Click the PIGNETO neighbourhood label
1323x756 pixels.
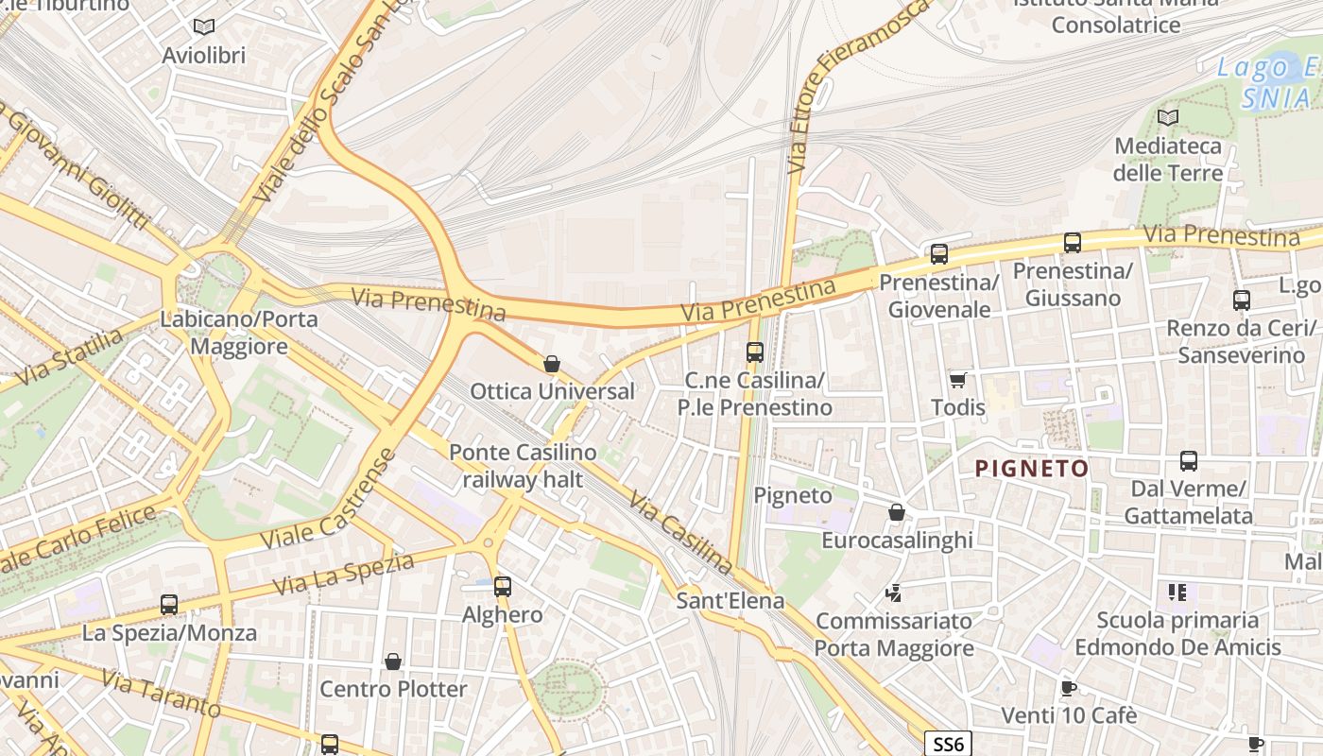click(x=1032, y=468)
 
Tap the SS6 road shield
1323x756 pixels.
click(x=947, y=744)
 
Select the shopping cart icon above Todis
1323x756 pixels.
click(x=958, y=380)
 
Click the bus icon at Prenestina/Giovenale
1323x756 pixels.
click(x=938, y=253)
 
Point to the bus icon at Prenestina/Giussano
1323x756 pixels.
click(x=1072, y=242)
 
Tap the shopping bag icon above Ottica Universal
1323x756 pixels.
click(x=552, y=364)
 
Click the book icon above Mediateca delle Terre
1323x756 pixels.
click(x=1168, y=117)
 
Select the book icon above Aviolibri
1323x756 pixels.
click(x=203, y=26)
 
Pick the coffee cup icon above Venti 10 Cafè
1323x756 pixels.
click(x=1068, y=687)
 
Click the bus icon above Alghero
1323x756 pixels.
click(x=502, y=586)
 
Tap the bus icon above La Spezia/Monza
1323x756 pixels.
click(x=169, y=604)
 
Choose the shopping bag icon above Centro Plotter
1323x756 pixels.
click(x=393, y=661)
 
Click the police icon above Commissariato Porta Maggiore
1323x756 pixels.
click(x=893, y=593)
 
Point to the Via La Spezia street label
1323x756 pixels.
click(x=344, y=574)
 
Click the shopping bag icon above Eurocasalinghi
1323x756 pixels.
click(x=896, y=512)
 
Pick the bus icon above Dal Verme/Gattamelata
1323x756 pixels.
click(x=1188, y=461)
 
